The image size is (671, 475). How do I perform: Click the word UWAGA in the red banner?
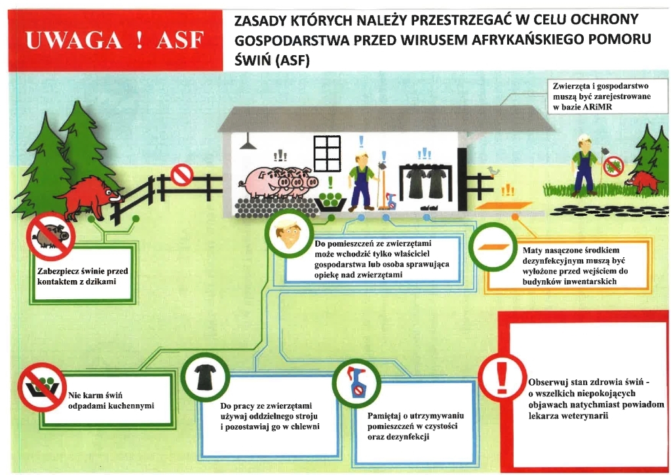coord(74,40)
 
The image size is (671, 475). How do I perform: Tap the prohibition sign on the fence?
coord(182,175)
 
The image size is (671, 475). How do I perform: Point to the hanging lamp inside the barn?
coord(248,143)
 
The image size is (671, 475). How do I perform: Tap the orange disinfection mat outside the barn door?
coord(504,206)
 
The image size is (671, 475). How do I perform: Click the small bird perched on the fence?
coord(493,171)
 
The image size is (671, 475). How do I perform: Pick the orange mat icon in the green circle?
coord(493,247)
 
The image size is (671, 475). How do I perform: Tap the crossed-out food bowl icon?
coord(42,387)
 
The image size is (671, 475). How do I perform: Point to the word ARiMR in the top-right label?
coord(597,107)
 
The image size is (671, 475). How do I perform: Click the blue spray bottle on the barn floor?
coord(391,201)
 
